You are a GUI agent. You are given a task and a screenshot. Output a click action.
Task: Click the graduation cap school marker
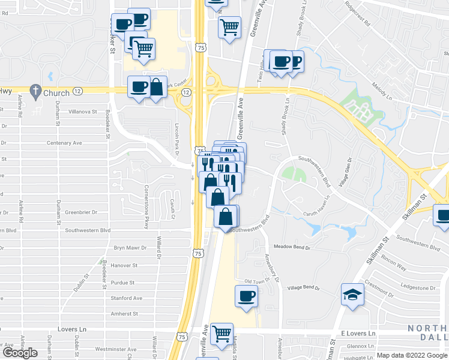coord(352,295)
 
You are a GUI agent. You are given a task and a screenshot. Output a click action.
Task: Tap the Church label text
coord(56,93)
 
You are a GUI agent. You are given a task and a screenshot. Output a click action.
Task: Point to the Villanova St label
coord(82,112)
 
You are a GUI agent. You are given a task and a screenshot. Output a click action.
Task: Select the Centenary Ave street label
coord(82,143)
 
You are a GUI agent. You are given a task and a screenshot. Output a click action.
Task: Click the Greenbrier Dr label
coord(81,212)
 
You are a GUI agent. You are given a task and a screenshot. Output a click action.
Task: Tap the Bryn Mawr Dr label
coord(129,247)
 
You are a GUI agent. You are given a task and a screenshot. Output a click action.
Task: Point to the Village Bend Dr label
coord(303,288)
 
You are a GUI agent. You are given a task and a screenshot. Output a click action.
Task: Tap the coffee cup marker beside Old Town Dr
coord(247,296)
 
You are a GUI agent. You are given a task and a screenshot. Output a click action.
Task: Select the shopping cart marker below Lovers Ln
coord(222,334)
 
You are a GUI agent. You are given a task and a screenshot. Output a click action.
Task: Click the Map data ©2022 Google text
coord(412,355)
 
